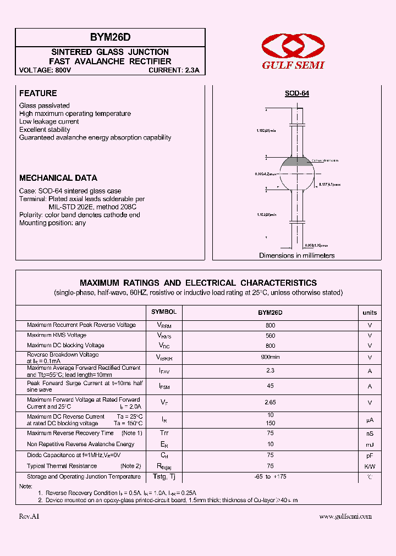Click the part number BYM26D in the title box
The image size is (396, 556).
tap(110, 37)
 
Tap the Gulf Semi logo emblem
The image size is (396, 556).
tap(293, 45)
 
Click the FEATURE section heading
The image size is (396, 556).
tap(38, 93)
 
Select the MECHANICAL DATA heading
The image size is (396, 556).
tap(58, 178)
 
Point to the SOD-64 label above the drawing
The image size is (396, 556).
tap(297, 94)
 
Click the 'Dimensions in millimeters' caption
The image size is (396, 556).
tap(297, 255)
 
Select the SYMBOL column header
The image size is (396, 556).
tap(164, 312)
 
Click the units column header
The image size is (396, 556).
tap(370, 313)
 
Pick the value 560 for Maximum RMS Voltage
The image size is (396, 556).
tap(270, 335)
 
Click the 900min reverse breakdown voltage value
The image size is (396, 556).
tap(270, 357)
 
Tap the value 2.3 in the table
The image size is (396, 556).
tap(270, 371)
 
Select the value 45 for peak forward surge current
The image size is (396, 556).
tap(270, 386)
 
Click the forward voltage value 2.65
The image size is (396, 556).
tap(270, 402)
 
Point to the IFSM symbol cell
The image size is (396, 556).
tap(164, 387)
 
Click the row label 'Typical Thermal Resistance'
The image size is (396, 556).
tap(61, 466)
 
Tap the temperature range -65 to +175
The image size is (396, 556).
tap(270, 477)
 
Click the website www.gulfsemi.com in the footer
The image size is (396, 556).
tap(345, 516)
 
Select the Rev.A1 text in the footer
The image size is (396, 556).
tap(29, 516)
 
